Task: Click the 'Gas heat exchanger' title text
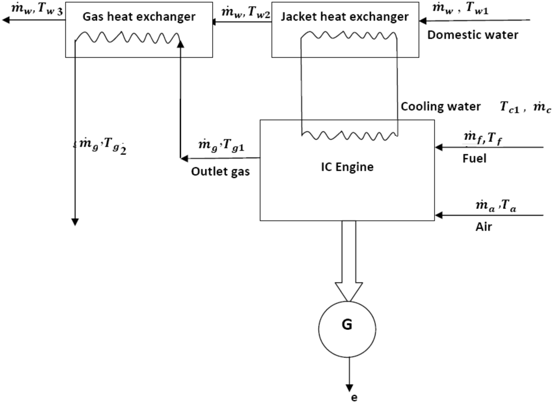coord(139,17)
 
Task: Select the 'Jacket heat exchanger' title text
coord(345,17)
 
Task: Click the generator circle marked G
coord(347,326)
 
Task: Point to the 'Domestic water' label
coord(473,35)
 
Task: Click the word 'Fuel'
coord(474,159)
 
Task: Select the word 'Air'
coord(484,227)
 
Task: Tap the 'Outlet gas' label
coord(220,172)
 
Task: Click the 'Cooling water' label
coord(441,107)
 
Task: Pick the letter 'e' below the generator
coord(354,398)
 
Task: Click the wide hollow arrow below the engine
coord(348,259)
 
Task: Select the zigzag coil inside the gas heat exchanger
coord(128,38)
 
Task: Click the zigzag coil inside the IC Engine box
coord(349,133)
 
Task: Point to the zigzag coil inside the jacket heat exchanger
coord(349,36)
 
